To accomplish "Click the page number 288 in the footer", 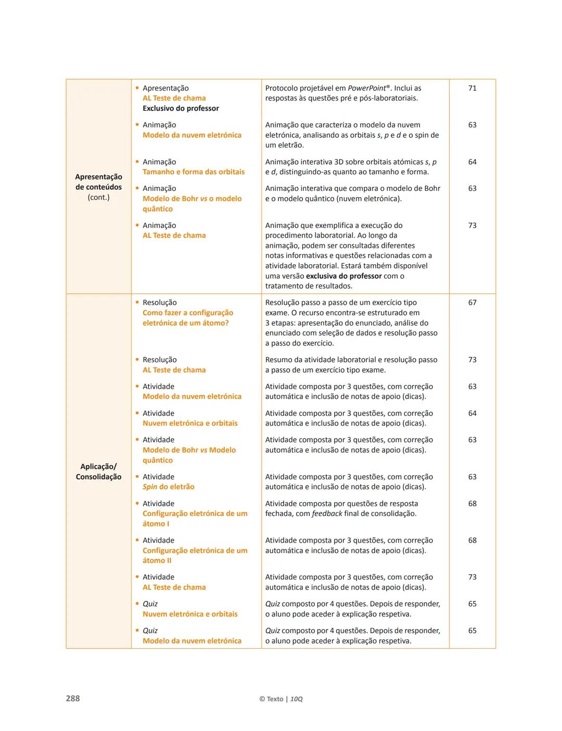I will pos(73,698).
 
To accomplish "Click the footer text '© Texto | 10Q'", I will pos(280,699).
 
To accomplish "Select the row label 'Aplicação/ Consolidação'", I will pos(98,471).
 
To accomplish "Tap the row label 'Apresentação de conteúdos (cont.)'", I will pos(98,187).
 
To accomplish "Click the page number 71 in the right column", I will pos(472,88).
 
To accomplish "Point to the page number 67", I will pos(472,303).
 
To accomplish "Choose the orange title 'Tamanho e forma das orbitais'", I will pos(194,172).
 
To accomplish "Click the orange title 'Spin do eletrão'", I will pos(169,487).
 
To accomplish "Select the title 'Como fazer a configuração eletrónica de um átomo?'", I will pos(188,318).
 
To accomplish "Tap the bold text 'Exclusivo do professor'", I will pos(181,108).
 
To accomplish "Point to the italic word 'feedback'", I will pos(327,514).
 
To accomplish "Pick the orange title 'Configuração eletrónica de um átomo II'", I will pos(195,555).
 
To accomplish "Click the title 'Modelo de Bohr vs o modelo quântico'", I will pos(192,203).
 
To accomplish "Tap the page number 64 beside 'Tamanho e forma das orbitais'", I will pos(472,162).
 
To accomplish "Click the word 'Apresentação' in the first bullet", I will pos(165,88).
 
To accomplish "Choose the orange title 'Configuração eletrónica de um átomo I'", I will pos(195,518).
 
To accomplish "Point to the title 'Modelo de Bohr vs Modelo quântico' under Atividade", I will pos(189,455).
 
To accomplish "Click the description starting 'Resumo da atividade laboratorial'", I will pos(351,365).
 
